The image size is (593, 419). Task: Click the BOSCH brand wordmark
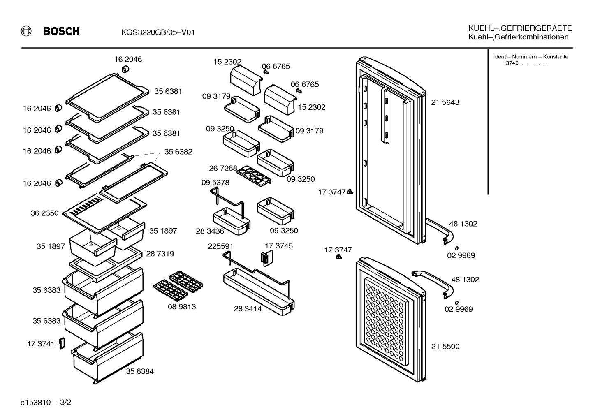click(x=61, y=31)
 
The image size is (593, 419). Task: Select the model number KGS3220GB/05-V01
click(x=158, y=32)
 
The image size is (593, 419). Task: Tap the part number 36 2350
click(x=44, y=213)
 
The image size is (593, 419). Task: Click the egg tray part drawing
click(x=254, y=176)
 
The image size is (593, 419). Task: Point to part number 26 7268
click(x=223, y=168)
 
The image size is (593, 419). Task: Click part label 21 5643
click(x=445, y=102)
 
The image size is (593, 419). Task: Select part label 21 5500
click(x=445, y=347)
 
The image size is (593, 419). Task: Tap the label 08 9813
click(x=182, y=307)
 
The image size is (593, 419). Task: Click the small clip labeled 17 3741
click(x=62, y=343)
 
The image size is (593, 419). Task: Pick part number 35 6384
click(x=139, y=371)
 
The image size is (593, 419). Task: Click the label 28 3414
click(x=248, y=309)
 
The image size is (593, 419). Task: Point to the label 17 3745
click(x=279, y=246)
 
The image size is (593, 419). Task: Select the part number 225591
click(x=220, y=246)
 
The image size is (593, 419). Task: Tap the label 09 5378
click(x=215, y=183)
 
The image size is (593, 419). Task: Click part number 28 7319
click(x=160, y=254)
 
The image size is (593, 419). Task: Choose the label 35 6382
click(x=178, y=152)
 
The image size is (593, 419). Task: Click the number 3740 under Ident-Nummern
click(x=512, y=63)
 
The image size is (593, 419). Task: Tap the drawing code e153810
click(x=35, y=403)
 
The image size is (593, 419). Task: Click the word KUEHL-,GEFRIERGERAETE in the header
click(x=520, y=28)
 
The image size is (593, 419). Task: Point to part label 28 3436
click(x=210, y=231)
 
